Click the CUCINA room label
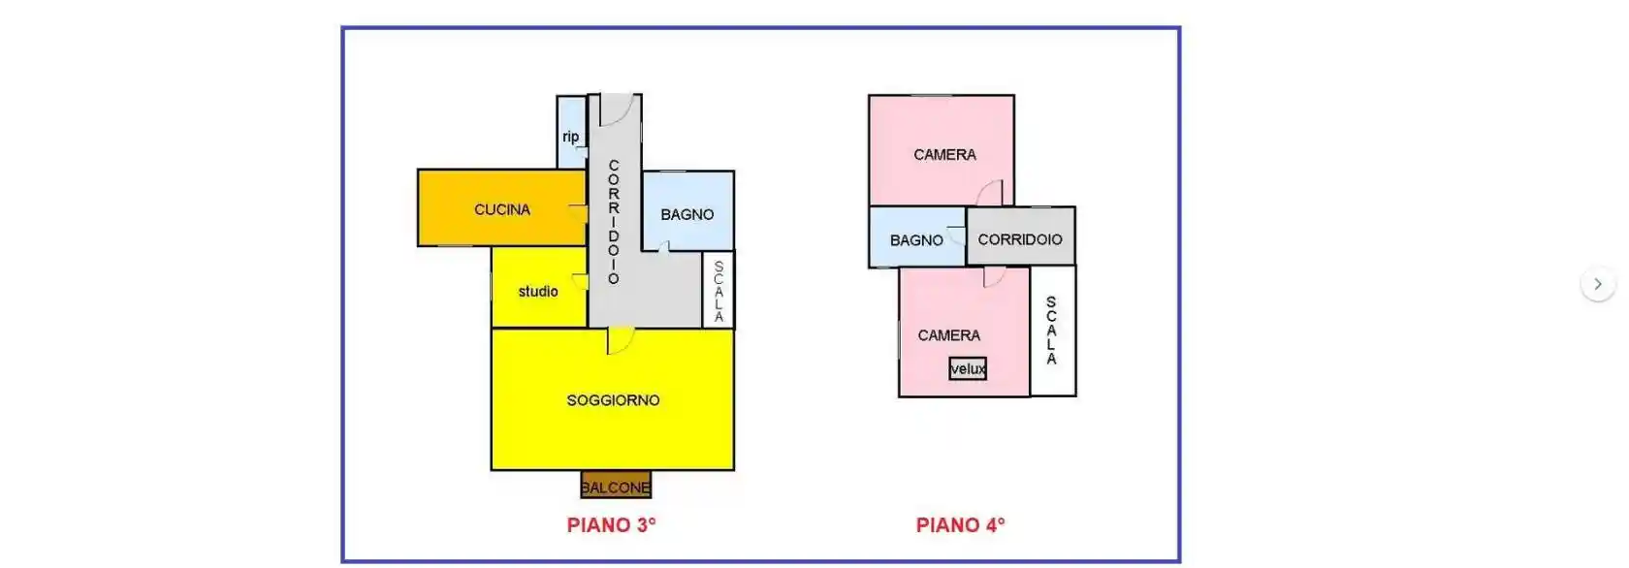(502, 209)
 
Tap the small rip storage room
(571, 132)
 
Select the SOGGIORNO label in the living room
(613, 400)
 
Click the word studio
(538, 291)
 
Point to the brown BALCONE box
(616, 486)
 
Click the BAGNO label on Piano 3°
(687, 214)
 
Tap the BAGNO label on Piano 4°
(916, 240)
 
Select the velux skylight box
(968, 368)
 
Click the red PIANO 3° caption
(612, 525)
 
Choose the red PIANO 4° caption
(961, 525)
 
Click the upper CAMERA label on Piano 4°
(944, 154)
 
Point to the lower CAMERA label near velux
(949, 335)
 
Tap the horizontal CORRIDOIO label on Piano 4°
(1020, 239)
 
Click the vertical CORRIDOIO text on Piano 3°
(614, 222)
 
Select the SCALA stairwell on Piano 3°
(719, 290)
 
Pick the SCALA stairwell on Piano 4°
(1052, 331)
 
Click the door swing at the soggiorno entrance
(621, 340)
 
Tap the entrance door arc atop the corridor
(617, 110)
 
